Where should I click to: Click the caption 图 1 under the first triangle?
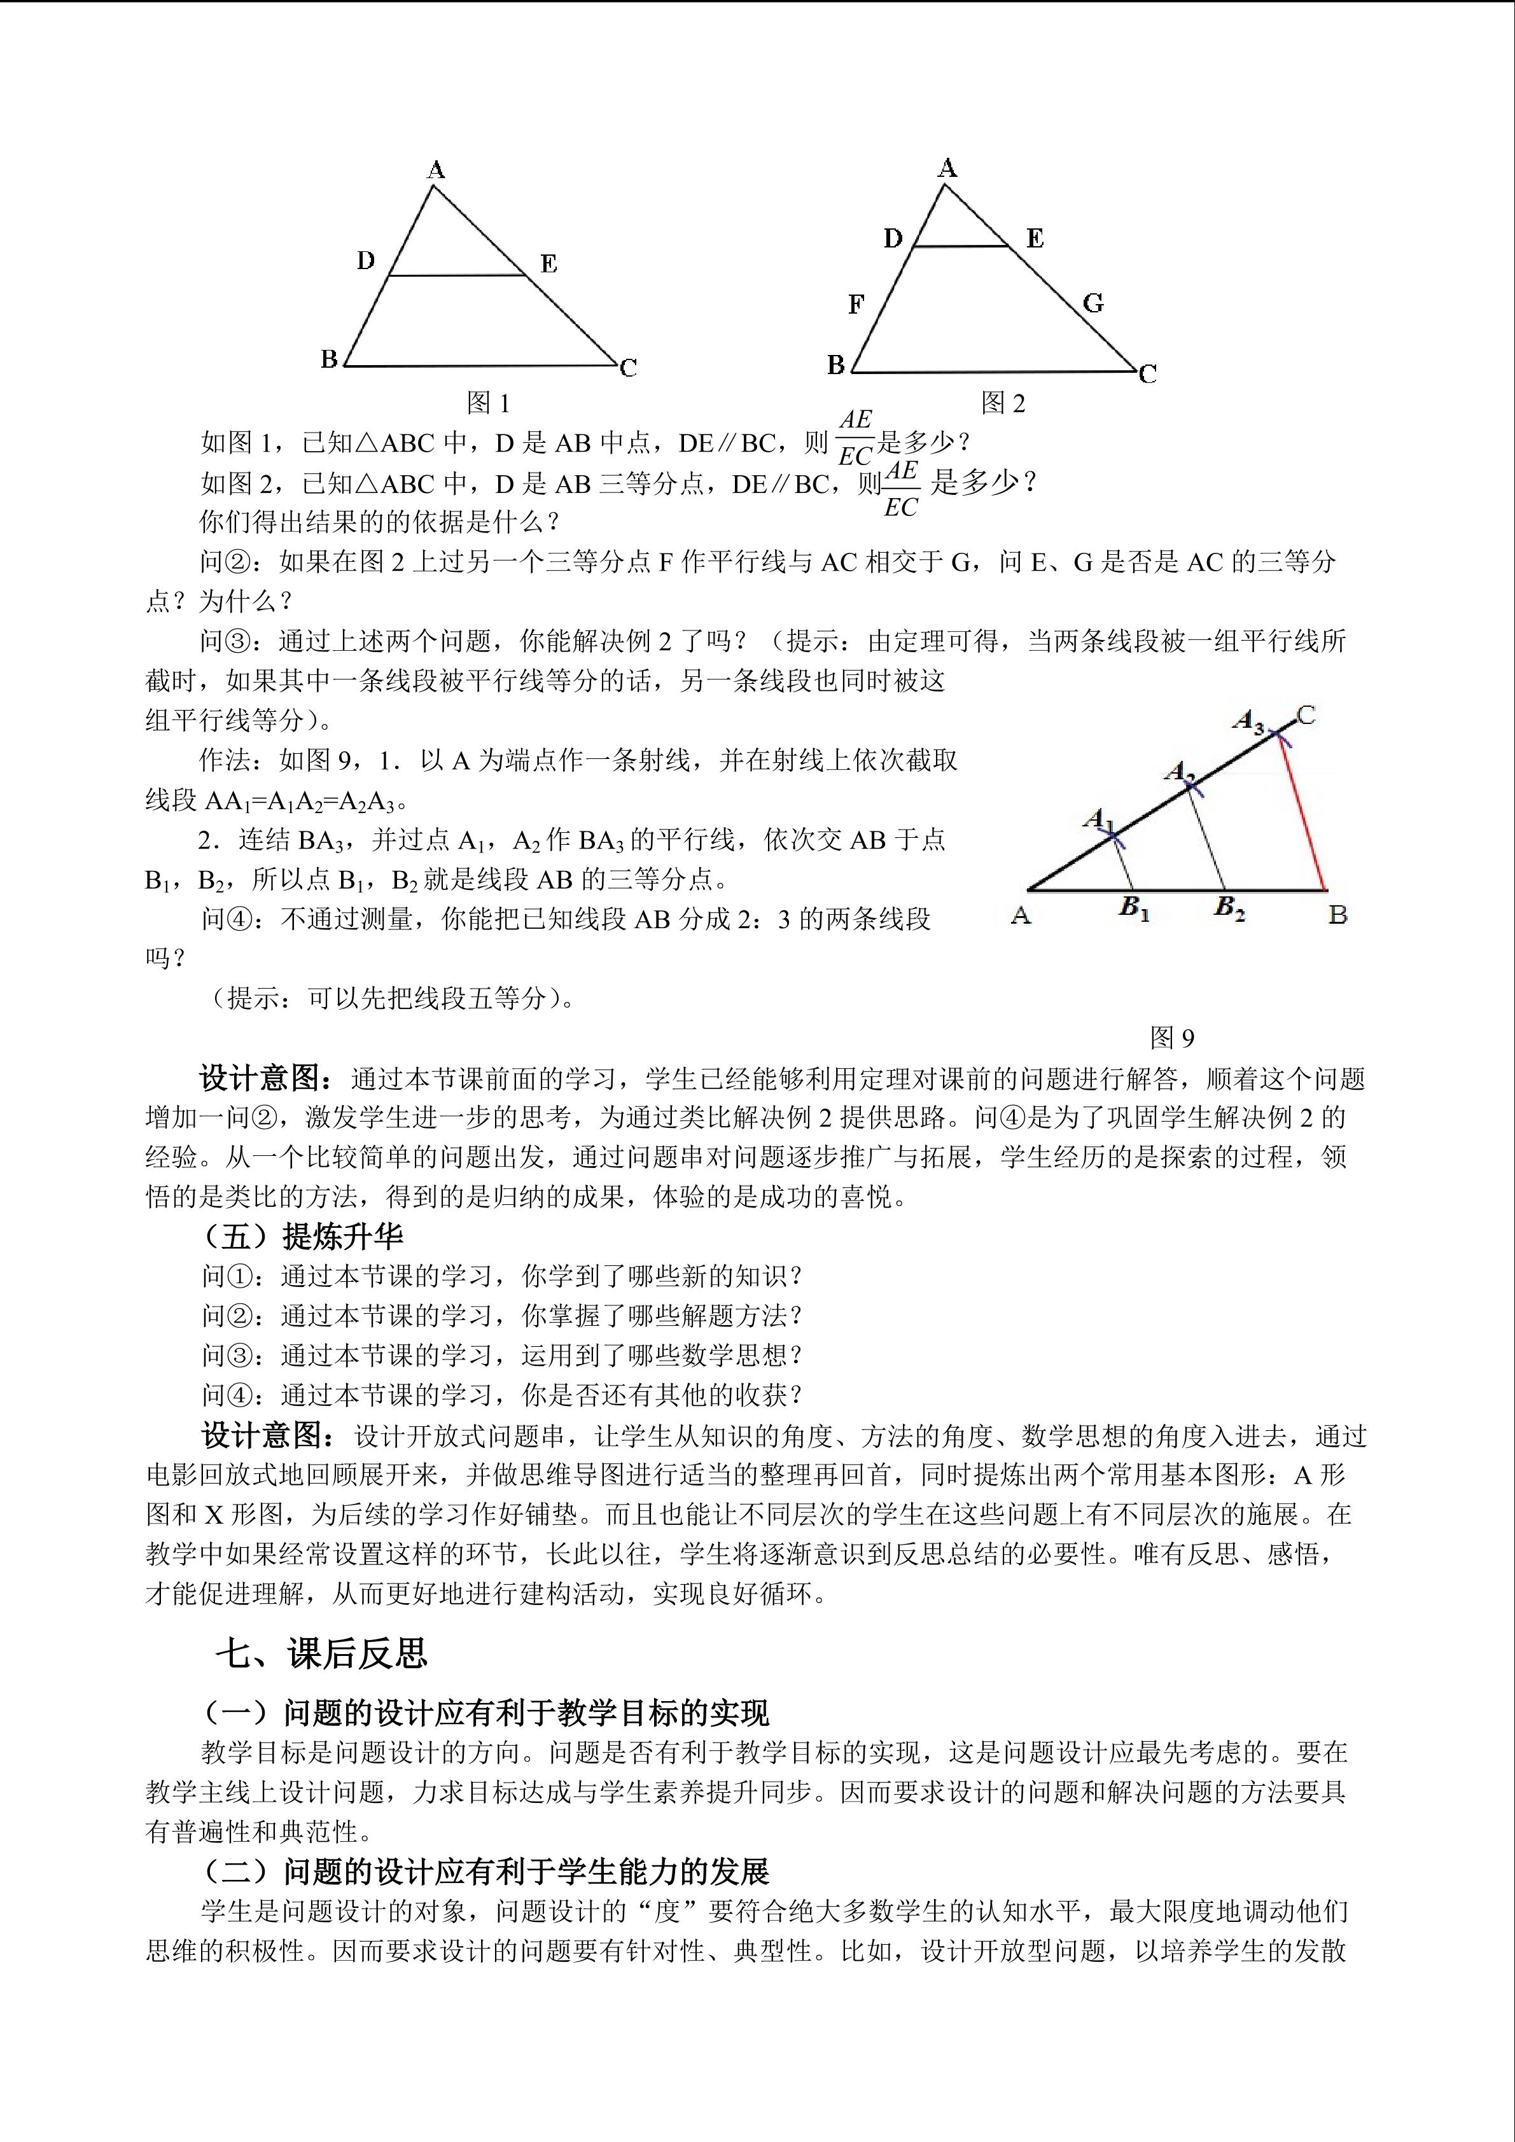tap(488, 403)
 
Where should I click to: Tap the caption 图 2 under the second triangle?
tap(1003, 403)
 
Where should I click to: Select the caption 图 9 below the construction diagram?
tap(1173, 1038)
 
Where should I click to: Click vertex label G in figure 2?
tap(1093, 303)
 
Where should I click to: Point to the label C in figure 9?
tap(1306, 716)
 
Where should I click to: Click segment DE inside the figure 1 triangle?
tap(457, 275)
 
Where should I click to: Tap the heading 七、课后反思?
tap(322, 1653)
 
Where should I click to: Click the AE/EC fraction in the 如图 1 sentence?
tap(855, 438)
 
